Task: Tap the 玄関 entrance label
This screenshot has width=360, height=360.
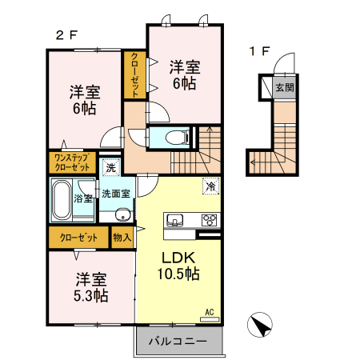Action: pyautogui.click(x=285, y=87)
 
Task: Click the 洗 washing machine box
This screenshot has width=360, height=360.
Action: pyautogui.click(x=112, y=168)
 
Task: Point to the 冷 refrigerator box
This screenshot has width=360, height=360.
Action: pyautogui.click(x=210, y=186)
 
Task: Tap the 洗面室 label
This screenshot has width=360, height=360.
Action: pyautogui.click(x=116, y=194)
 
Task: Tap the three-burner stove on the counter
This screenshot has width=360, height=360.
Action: pyautogui.click(x=210, y=220)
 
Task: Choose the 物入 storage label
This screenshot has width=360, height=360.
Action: pyautogui.click(x=122, y=238)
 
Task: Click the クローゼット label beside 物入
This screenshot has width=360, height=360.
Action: pyautogui.click(x=78, y=238)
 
